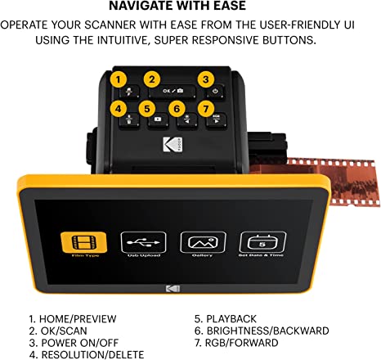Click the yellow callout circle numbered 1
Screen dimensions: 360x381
(119, 79)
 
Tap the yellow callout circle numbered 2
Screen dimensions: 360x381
(152, 79)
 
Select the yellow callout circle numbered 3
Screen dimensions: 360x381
(207, 79)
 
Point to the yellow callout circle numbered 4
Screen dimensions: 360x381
(119, 107)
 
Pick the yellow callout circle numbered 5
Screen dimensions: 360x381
(147, 107)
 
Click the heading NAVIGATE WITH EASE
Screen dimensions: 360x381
(190, 9)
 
